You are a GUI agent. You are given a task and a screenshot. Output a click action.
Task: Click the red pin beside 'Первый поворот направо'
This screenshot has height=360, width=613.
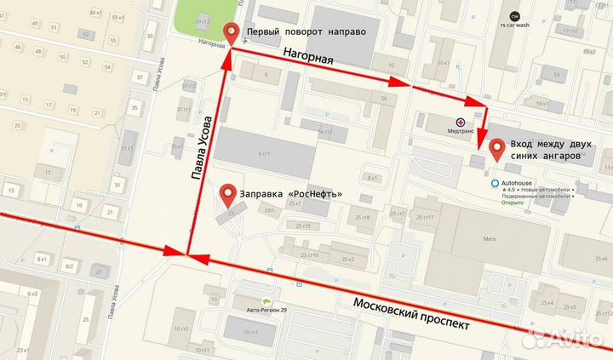pos(230,34)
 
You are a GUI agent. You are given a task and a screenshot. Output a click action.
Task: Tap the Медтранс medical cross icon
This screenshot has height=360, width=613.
pos(460,123)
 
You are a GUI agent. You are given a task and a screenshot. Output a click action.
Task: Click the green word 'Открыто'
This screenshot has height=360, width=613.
pos(513,203)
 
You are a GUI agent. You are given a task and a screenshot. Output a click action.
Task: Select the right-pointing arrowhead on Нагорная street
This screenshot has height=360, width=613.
pos(400,83)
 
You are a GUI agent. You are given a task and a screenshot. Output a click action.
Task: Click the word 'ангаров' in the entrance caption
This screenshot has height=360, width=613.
pos(558,157)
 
